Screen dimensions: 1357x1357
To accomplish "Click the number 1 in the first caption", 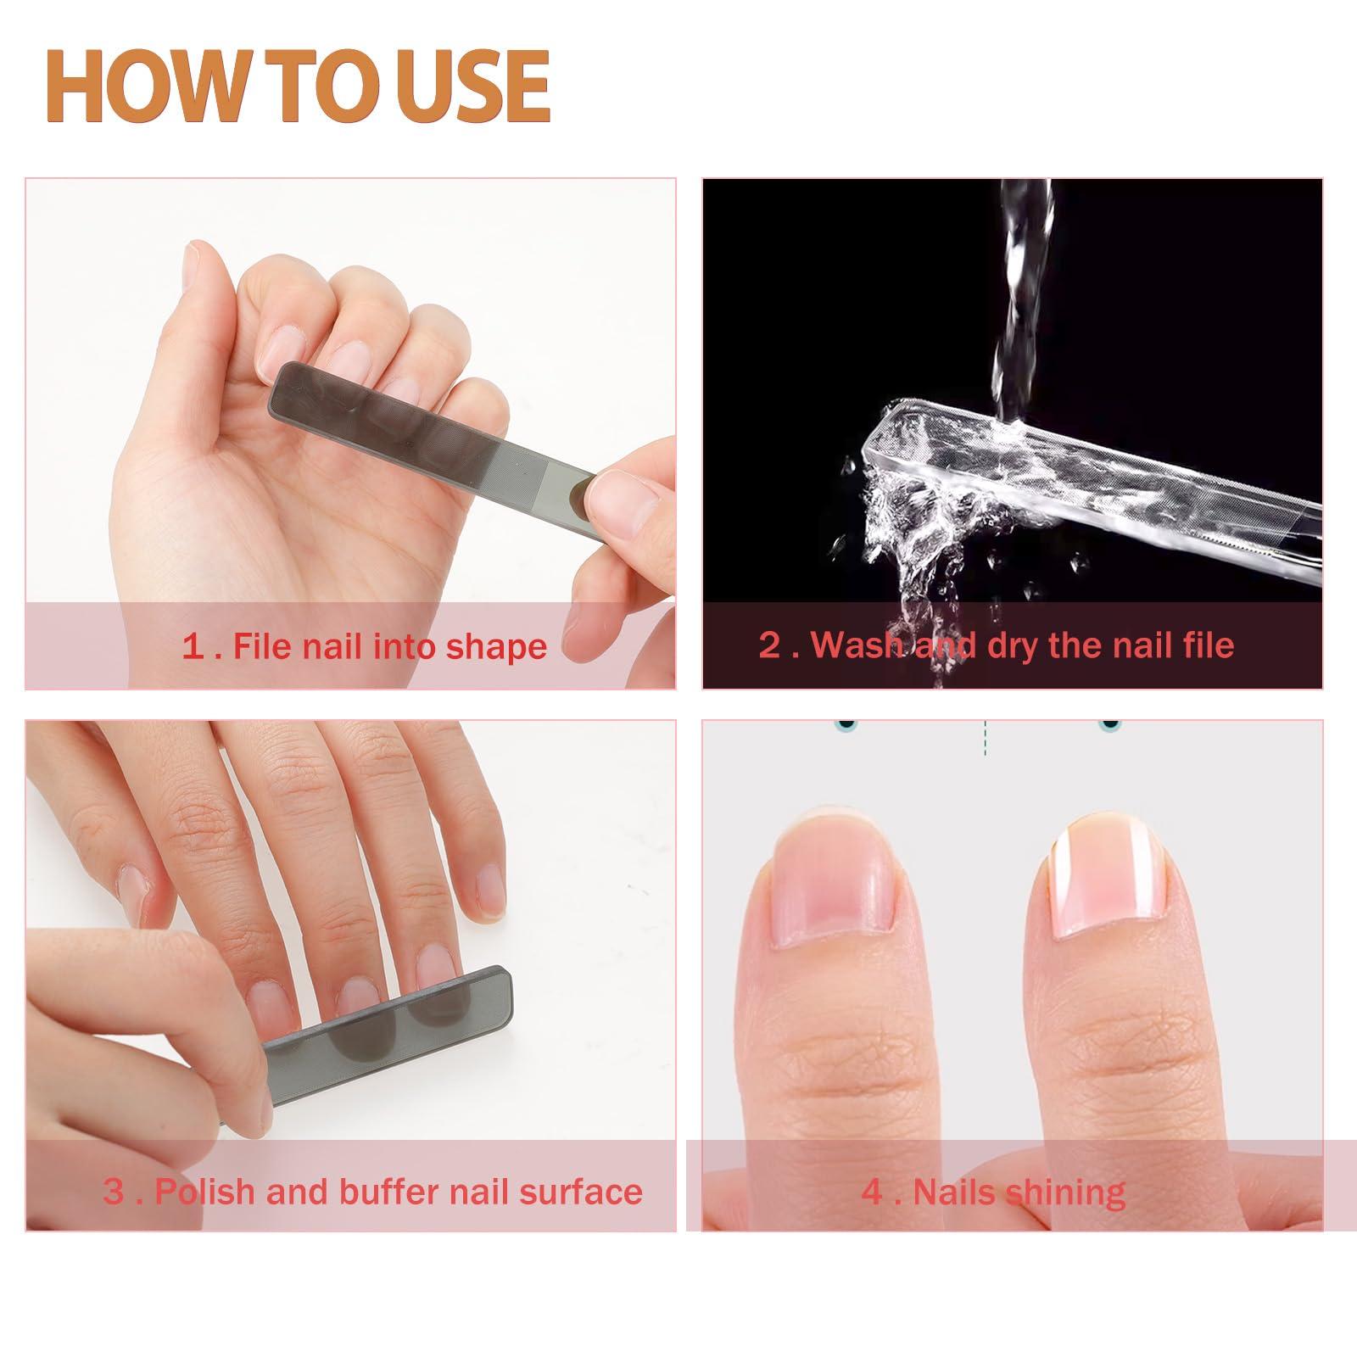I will click(x=193, y=647).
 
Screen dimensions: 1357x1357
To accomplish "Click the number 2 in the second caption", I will click(x=769, y=645).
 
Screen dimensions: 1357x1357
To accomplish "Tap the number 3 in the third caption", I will click(x=114, y=1192).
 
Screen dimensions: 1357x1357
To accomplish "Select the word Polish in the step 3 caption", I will click(x=207, y=1192).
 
